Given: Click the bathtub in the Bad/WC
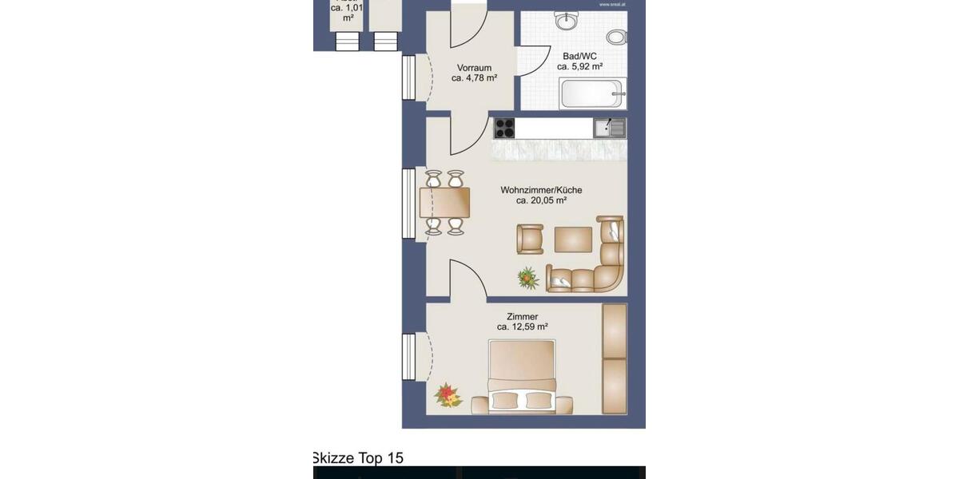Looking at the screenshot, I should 593,94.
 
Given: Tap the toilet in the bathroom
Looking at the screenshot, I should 616,37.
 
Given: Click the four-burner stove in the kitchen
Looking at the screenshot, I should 504,128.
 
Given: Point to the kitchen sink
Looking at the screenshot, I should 610,128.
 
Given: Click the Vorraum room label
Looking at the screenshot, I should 474,68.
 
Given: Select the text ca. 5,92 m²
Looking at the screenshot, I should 579,67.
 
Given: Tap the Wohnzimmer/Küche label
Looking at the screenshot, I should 541,190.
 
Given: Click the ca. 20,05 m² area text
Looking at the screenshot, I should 541,201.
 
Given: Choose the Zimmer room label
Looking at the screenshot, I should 522,316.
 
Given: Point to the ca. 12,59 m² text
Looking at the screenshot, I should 522,327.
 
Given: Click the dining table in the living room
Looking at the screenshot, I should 444,203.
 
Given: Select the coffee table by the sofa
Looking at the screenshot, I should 573,239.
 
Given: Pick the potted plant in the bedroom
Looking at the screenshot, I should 448,394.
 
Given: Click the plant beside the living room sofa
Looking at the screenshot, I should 528,277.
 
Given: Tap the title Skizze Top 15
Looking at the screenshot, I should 358,458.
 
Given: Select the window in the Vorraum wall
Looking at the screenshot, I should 409,77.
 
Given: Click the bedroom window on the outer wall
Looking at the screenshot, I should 409,357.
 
